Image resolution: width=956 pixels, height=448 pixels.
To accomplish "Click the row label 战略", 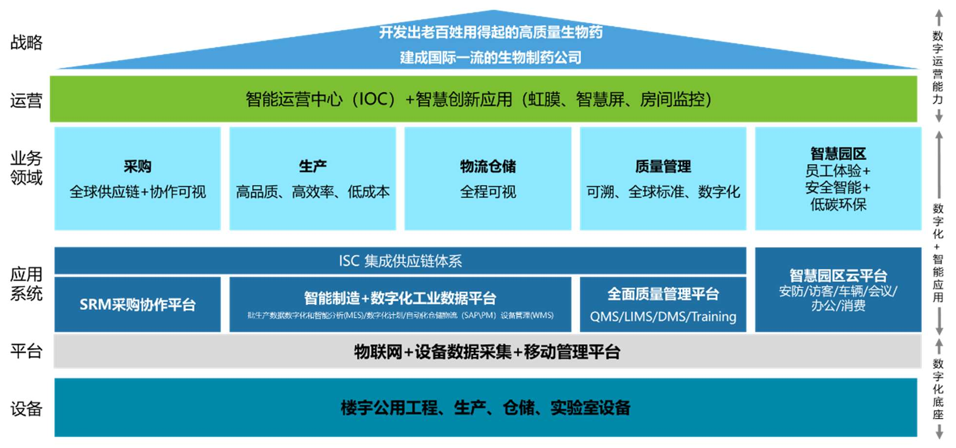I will pos(26,42).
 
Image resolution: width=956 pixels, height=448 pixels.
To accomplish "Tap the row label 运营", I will pos(26,100).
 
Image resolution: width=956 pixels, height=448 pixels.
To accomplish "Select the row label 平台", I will pos(26,351).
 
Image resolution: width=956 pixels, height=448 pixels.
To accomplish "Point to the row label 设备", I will pos(26,409).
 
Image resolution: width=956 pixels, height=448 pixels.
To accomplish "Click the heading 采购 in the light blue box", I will pos(137,167).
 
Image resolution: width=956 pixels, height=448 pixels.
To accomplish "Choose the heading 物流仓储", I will pos(488,167).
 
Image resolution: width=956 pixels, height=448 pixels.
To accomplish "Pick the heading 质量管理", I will pos(663,167).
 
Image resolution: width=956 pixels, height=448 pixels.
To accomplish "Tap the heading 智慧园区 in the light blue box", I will pos(838,154).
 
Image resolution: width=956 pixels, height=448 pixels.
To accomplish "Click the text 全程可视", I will pos(488,192).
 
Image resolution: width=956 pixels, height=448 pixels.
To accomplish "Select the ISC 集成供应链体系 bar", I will pos(400,261).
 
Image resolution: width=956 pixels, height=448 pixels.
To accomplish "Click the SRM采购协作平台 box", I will pos(137,305).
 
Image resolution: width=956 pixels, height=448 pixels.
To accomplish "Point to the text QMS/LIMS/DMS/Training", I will pos(663,317).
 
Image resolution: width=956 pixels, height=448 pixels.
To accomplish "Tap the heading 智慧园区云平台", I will pos(838,276).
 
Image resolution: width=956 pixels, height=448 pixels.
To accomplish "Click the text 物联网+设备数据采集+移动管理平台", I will pos(487,351).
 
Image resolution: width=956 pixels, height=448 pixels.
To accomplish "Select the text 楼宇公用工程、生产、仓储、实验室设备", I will pos(485,408).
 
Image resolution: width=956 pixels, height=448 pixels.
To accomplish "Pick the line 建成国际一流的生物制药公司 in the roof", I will pos(490,58).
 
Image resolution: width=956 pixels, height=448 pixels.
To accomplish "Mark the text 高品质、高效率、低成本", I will pos(312,192).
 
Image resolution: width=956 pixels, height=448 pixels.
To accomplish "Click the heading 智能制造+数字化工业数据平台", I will pos(400,297).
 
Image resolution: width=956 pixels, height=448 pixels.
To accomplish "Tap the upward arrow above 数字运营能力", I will pos(938,17).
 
